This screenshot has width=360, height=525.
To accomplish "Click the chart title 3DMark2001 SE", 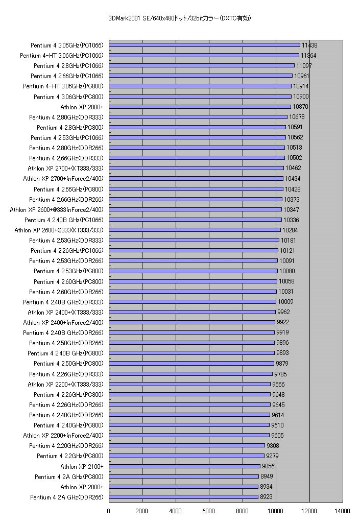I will coord(180,18).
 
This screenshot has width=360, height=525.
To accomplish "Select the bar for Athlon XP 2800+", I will coord(200,107).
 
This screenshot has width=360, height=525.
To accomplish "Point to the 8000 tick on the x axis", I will coord(243,510).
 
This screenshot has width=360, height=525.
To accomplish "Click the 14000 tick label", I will coord(343,510).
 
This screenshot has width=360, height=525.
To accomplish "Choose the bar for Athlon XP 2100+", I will coord(184,466).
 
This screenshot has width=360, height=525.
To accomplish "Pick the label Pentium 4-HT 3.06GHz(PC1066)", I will coord(61,55).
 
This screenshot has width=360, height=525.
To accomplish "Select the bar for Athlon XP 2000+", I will coord(183,487).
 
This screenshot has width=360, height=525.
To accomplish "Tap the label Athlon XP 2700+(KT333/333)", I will coord(65,168).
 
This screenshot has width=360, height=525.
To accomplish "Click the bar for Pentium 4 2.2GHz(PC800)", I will coord(186,456).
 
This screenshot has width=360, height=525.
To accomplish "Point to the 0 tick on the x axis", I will coord(109,510).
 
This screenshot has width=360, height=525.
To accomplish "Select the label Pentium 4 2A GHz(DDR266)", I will coord(66,497).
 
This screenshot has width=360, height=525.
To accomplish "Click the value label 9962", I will coord(283,312).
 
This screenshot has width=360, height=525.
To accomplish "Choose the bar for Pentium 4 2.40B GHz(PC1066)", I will coord(195,220).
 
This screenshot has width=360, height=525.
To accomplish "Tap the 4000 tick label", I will coord(176,510).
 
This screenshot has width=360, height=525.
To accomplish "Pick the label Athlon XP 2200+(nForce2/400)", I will coord(63,436).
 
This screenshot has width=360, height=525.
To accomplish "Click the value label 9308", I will coord(273,446).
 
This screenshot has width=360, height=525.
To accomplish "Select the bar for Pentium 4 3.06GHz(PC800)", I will coord(200,97).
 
